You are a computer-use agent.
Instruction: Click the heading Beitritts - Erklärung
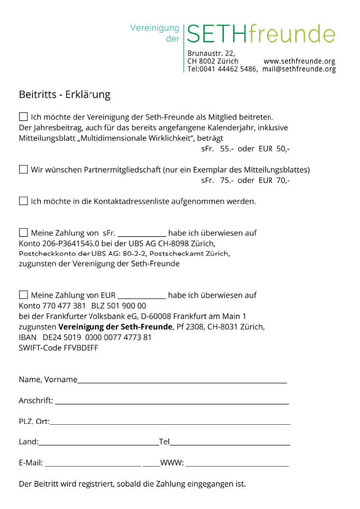pos(65,95)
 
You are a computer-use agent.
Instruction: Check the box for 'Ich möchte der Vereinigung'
pos(24,117)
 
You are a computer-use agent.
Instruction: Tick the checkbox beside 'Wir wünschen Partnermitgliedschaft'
pos(24,170)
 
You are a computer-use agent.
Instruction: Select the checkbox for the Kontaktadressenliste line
pos(24,201)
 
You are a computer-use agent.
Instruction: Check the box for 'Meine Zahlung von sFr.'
pos(24,233)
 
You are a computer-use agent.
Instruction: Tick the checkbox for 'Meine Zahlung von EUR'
pos(24,295)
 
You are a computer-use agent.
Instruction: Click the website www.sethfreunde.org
pos(299,61)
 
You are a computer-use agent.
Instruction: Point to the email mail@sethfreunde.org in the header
pos(299,70)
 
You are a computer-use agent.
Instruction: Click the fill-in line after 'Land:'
pos(98,444)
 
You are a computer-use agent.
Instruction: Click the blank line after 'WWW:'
pos(238,465)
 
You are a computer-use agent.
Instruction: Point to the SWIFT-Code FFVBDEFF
pos(59,348)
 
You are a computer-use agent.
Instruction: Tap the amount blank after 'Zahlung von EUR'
pos(141,297)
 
